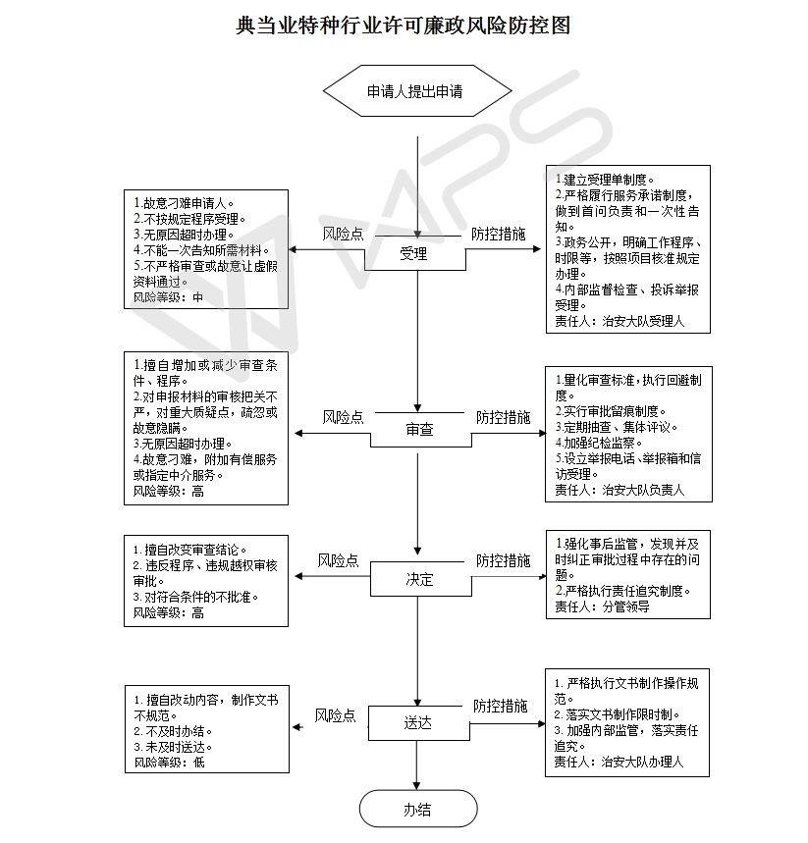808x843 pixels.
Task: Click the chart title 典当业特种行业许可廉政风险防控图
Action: coord(403,26)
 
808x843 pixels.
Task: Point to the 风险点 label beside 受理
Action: coord(344,234)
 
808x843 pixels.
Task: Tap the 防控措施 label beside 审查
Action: coord(503,417)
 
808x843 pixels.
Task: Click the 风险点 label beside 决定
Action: coord(338,560)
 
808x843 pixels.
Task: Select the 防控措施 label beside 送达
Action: coord(501,706)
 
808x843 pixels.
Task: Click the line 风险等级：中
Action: coord(169,297)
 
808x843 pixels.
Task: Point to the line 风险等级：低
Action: coord(170,763)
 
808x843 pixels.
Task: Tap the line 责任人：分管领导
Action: coord(603,606)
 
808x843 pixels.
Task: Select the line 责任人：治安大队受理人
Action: coord(619,321)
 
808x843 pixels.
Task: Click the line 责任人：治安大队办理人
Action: coord(619,762)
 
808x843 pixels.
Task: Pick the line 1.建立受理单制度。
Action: coord(605,180)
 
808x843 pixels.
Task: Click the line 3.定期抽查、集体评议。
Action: coord(617,427)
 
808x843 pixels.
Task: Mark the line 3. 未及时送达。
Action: coord(173,747)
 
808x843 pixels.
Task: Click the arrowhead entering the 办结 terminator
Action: coord(417,786)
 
